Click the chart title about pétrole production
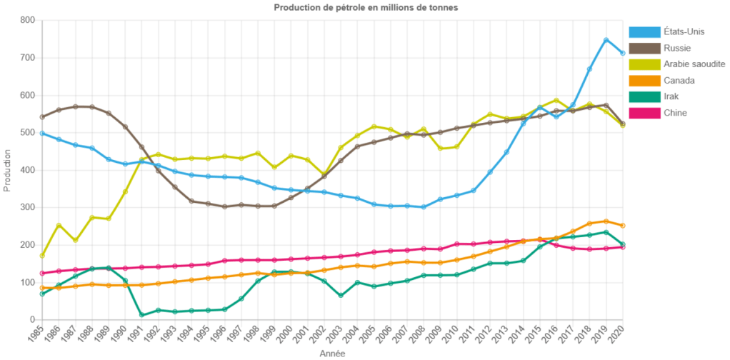point(366,7)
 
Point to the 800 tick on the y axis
point(27,20)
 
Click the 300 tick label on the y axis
point(27,207)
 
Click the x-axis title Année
point(332,353)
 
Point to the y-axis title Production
point(7,170)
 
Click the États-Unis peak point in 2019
point(606,40)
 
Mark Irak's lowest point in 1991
point(141,315)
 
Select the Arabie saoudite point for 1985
point(42,255)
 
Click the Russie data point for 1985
point(42,116)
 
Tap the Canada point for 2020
point(623,226)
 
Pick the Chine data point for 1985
point(42,274)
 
